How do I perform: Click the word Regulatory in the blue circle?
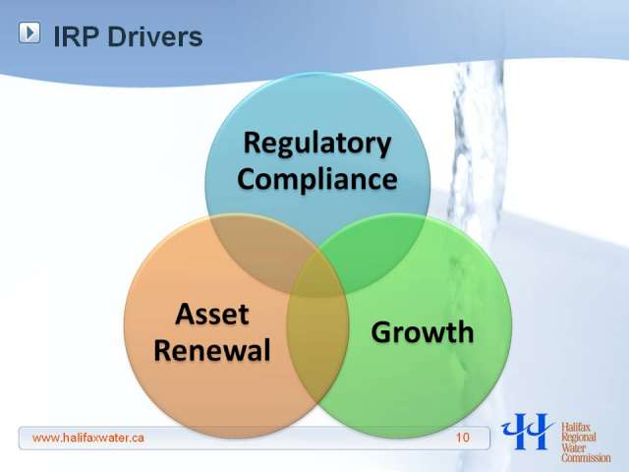[x=316, y=145]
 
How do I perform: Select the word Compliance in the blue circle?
[x=317, y=179]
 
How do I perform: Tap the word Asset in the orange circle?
[x=212, y=314]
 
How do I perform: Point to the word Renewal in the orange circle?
[x=212, y=350]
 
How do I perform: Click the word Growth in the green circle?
[x=423, y=332]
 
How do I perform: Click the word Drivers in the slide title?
[x=155, y=36]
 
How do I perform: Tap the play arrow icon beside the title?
[x=29, y=32]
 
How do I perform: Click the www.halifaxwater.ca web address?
[x=88, y=438]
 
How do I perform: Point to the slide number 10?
[x=463, y=437]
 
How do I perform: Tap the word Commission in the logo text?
[x=586, y=457]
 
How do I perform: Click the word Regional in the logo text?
[x=579, y=437]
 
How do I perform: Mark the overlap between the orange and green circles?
[x=316, y=353]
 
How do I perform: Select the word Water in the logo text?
[x=574, y=447]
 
